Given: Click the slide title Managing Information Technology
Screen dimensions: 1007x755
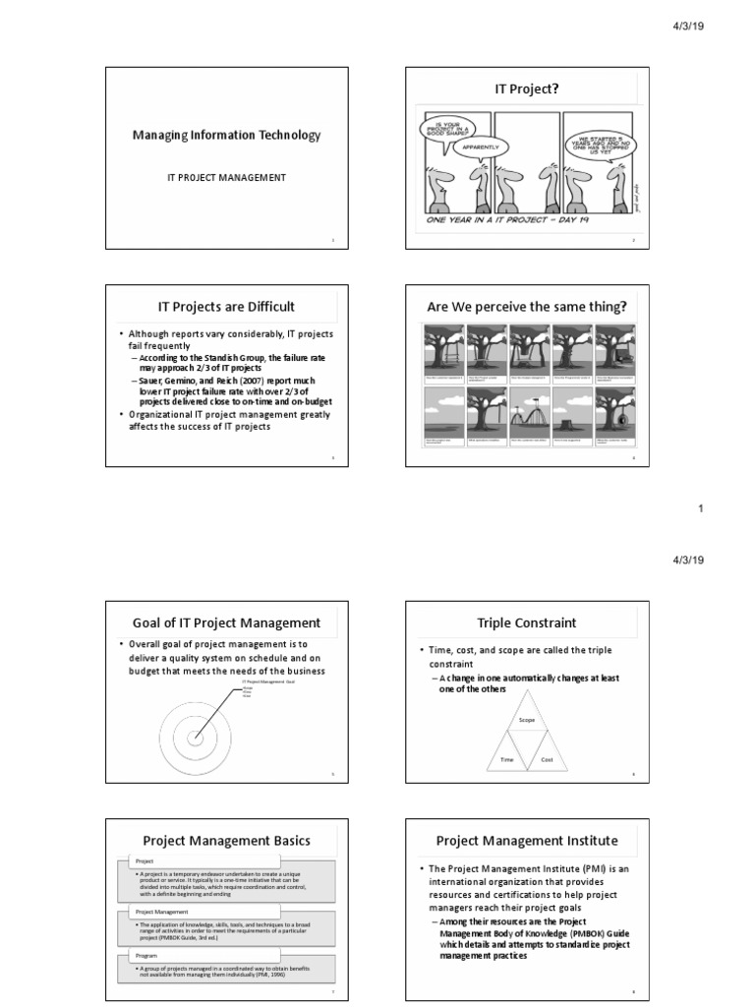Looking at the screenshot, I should [x=226, y=135].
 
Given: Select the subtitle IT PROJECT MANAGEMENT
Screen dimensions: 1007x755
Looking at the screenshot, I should [x=225, y=177].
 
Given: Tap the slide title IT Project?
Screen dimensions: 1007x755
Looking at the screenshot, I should [x=527, y=89].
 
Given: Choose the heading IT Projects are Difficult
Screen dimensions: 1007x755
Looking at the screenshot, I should [x=227, y=308].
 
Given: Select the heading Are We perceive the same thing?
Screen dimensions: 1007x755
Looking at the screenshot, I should [x=527, y=308].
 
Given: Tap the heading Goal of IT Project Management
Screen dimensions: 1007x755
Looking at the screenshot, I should [x=227, y=622].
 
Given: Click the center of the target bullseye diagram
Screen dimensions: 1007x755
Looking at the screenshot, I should [x=195, y=740].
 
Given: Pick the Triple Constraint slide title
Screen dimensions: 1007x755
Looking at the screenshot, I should [x=527, y=622].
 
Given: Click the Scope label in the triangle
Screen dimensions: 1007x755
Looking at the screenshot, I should [x=527, y=721].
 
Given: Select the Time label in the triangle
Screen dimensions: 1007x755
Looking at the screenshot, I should [x=507, y=760].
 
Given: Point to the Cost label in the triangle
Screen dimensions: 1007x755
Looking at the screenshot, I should [x=548, y=760].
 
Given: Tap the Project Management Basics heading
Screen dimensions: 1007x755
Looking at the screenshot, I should [x=227, y=841].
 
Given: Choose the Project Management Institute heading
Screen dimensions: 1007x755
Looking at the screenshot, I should [x=527, y=841].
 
